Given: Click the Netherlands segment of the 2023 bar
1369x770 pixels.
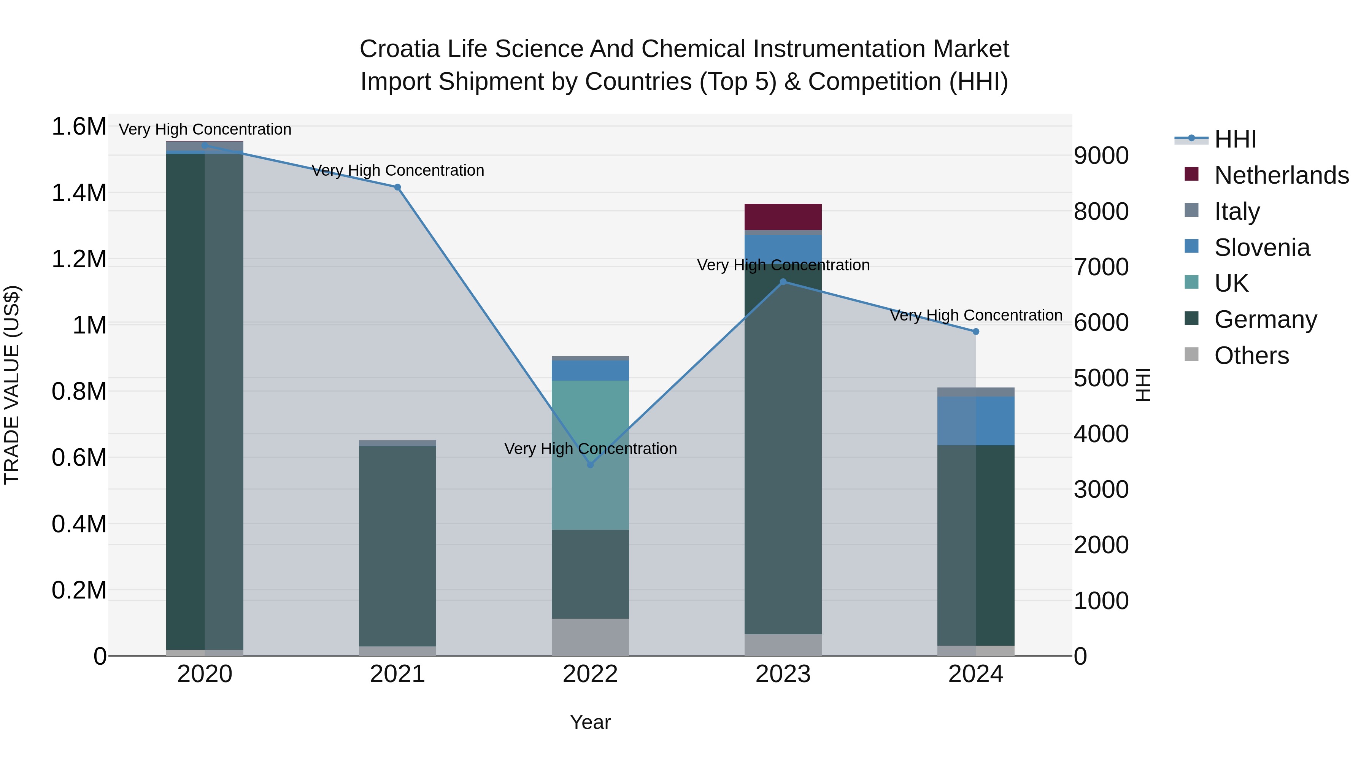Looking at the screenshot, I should click(x=783, y=217).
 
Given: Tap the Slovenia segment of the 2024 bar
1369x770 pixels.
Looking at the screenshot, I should click(x=976, y=421).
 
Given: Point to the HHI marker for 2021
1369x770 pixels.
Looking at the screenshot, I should click(x=397, y=187).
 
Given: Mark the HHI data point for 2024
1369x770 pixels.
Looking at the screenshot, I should click(x=976, y=332).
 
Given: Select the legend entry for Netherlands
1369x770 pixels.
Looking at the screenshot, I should click(x=1281, y=175).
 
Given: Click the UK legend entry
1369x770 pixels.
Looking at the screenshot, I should click(x=1231, y=283).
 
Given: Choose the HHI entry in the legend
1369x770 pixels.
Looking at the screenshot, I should click(x=1235, y=139).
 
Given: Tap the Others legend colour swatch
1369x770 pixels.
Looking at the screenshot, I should click(x=1191, y=354).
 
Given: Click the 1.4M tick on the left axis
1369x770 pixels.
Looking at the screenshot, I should click(x=79, y=193).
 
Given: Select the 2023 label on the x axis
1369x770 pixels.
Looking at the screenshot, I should click(x=783, y=674).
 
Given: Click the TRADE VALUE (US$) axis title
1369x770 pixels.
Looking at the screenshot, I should click(x=12, y=385).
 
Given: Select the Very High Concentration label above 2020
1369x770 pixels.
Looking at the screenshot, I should click(x=205, y=129).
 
